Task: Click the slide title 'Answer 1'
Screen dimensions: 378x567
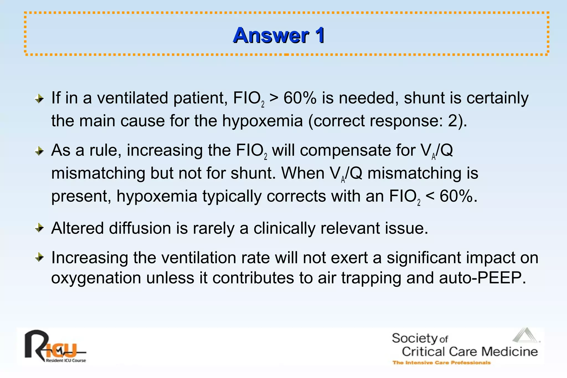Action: point(279,35)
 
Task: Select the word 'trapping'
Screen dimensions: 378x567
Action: point(371,278)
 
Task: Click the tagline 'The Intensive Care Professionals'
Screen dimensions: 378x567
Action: point(441,363)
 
